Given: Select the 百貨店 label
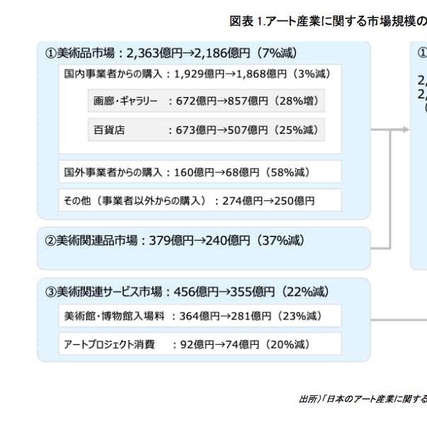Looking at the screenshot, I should click(x=109, y=130).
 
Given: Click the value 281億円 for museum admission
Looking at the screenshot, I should click(x=251, y=316).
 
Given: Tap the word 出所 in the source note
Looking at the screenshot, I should click(x=307, y=399).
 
